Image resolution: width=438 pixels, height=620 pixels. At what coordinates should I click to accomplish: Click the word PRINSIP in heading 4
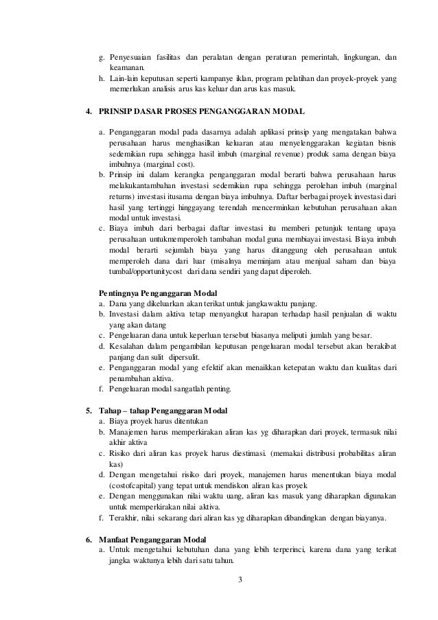click(x=118, y=111)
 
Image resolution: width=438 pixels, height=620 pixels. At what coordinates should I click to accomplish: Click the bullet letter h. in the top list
click(x=102, y=79)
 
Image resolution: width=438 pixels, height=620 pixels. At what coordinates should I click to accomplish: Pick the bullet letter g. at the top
click(x=102, y=56)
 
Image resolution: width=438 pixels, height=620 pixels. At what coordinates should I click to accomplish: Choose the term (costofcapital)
click(x=137, y=484)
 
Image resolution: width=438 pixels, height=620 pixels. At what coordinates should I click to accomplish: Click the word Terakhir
click(x=124, y=517)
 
